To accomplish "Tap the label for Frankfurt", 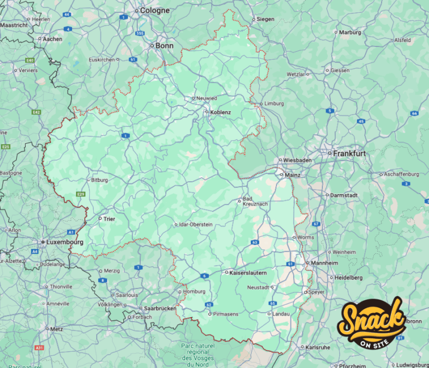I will click(349, 153).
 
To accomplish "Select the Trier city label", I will click(109, 219).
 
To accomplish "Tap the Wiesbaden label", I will click(297, 160).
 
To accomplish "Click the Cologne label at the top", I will click(155, 11).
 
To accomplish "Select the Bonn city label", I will click(164, 46).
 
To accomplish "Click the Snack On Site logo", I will click(373, 323).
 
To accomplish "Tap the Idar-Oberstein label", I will click(195, 224).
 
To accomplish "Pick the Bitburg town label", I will click(99, 180).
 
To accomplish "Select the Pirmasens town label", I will click(226, 314).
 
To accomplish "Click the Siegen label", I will click(265, 19).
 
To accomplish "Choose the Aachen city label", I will click(53, 39).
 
